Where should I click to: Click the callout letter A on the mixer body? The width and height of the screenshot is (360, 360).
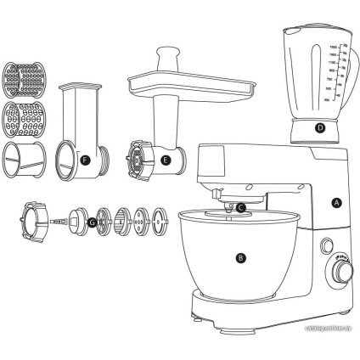coord(336,203)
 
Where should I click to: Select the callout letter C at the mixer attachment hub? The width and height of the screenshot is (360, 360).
coord(241,206)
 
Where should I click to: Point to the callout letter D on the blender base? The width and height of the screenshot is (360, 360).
coord(319,129)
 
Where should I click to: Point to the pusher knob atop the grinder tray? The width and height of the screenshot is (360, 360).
coord(165,58)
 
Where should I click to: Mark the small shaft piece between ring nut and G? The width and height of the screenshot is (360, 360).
coord(59,223)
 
